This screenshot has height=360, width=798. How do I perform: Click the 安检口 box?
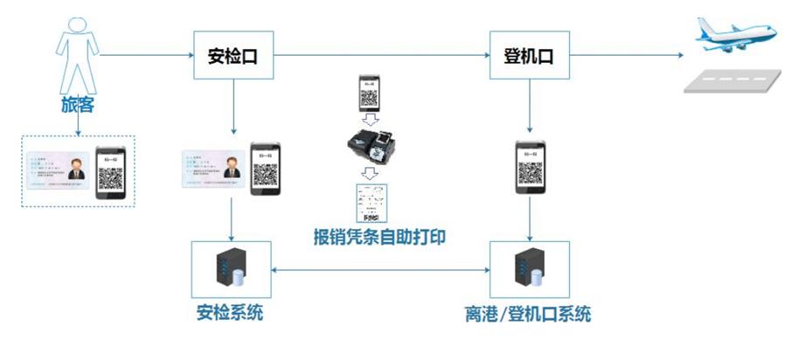pos(232,56)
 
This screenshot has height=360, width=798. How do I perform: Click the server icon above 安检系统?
pos(231,267)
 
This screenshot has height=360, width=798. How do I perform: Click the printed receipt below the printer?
pos(371,204)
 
